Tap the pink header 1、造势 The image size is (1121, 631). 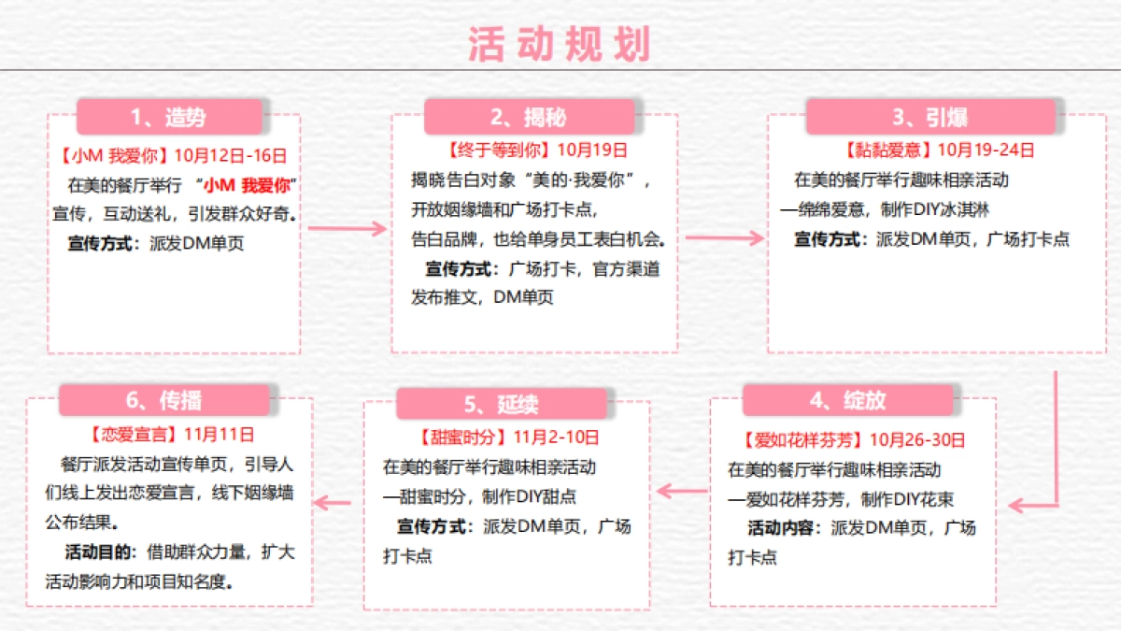tap(169, 117)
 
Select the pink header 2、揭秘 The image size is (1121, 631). tap(529, 117)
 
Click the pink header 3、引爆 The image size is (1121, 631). tap(929, 117)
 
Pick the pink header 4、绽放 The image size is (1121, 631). tap(847, 400)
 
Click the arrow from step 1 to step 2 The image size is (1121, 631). tap(347, 228)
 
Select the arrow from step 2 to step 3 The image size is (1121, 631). tap(724, 237)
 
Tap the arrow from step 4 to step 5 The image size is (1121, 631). tap(682, 489)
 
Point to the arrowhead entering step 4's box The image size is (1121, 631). tap(1018, 506)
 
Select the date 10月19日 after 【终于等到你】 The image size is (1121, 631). tap(592, 150)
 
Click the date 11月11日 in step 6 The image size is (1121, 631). tap(219, 434)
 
